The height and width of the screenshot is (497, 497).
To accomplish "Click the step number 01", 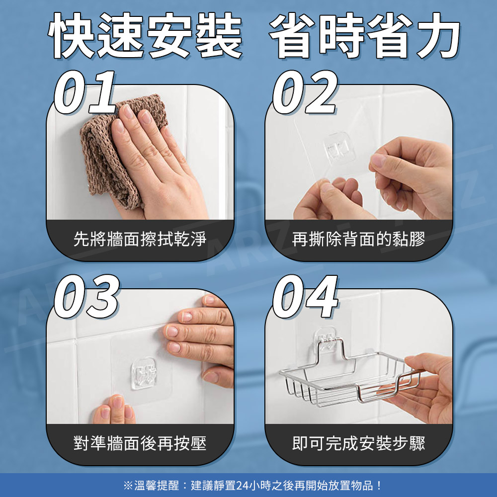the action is [x=85, y=92].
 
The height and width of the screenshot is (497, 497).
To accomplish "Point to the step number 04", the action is [x=306, y=296].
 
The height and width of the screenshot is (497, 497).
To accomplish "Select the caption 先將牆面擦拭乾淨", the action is [x=140, y=239].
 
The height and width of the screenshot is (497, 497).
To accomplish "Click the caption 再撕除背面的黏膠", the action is [x=358, y=239].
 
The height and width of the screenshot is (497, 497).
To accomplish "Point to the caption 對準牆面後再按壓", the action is [x=140, y=443].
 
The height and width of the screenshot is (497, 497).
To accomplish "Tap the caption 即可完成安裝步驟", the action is [x=358, y=443].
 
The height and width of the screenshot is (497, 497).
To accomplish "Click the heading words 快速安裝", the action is [x=145, y=35].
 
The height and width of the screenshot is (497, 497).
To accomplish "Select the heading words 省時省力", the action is [x=364, y=35].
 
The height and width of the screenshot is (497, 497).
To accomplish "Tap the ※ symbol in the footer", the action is [x=128, y=485].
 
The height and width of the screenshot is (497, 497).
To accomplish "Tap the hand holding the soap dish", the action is [x=425, y=388].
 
